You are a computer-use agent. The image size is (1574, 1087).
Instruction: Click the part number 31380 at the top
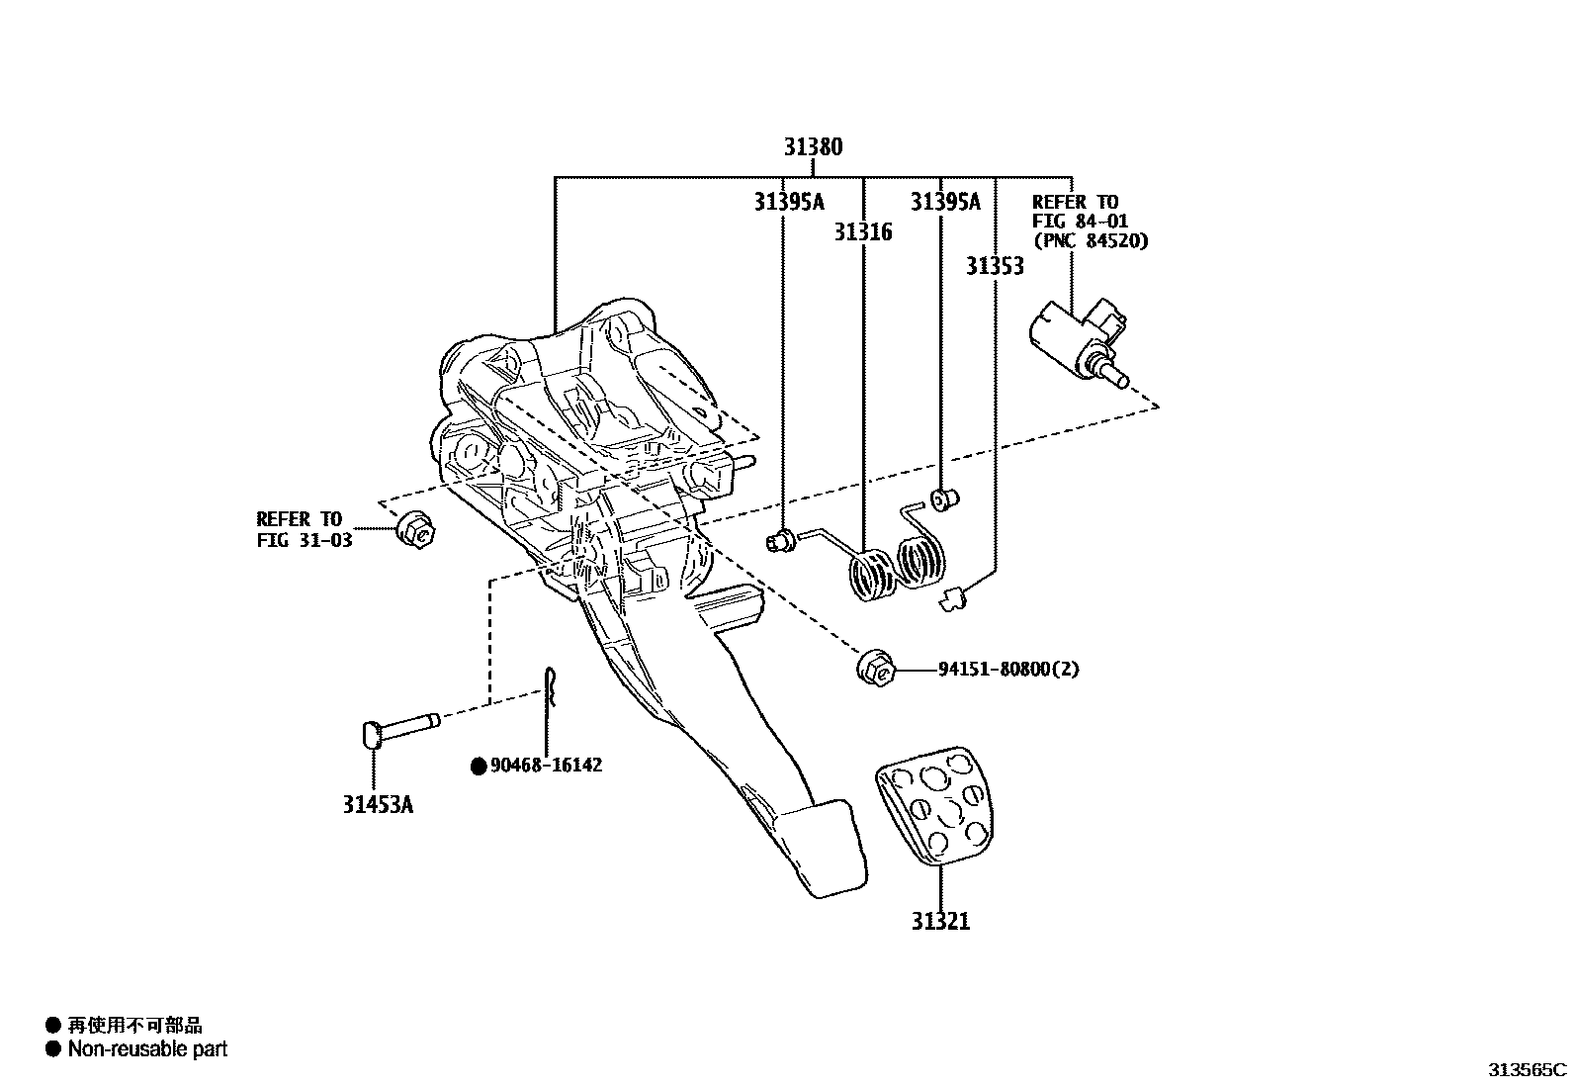coord(813,147)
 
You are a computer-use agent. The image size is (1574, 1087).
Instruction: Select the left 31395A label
coord(788,202)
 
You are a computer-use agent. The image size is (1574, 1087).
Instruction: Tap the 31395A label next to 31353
coord(945,202)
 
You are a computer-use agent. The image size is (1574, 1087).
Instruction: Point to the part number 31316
coord(862,232)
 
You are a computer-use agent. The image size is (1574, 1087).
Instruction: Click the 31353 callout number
coord(995,266)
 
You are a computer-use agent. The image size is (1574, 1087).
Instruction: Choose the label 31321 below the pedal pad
coord(940,922)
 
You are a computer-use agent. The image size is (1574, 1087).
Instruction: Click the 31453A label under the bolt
coord(378,804)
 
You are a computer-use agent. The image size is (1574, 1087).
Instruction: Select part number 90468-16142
coord(546,765)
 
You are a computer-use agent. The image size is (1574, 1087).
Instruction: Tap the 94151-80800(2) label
coord(1008,670)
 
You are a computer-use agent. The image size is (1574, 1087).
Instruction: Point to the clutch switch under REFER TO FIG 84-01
coord(1081,336)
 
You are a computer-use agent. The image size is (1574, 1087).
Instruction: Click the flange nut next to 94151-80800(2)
coord(876,668)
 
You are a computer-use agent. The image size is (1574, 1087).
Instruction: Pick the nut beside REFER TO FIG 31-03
coord(415,530)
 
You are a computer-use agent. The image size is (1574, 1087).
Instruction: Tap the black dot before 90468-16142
coord(479,766)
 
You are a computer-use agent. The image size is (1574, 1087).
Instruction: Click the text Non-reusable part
coord(147,1049)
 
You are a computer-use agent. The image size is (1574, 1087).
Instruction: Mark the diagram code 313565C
coord(1528,1069)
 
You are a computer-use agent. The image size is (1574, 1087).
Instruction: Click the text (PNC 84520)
coord(1091,240)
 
